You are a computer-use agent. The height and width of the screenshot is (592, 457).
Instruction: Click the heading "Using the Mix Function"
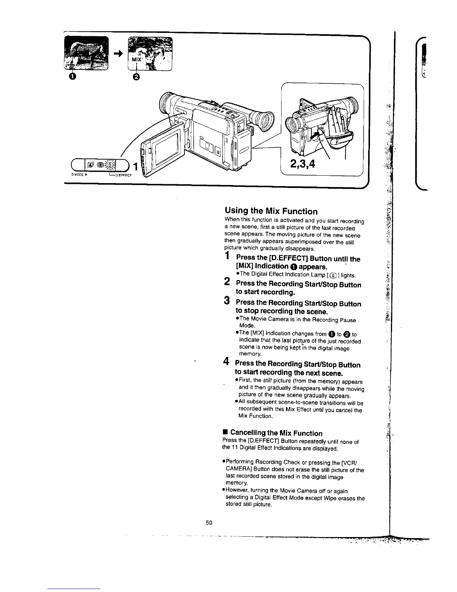pyautogui.click(x=271, y=211)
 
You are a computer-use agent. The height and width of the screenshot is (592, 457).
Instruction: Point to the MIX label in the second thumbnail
pyautogui.click(x=137, y=60)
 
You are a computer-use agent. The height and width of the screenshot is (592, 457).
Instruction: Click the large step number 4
pyautogui.click(x=226, y=362)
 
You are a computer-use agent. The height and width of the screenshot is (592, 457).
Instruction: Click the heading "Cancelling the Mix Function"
pyautogui.click(x=276, y=433)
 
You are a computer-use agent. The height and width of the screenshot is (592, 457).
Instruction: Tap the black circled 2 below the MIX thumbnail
pyautogui.click(x=136, y=77)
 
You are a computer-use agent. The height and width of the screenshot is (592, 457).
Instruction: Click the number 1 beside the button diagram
pyautogui.click(x=136, y=166)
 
